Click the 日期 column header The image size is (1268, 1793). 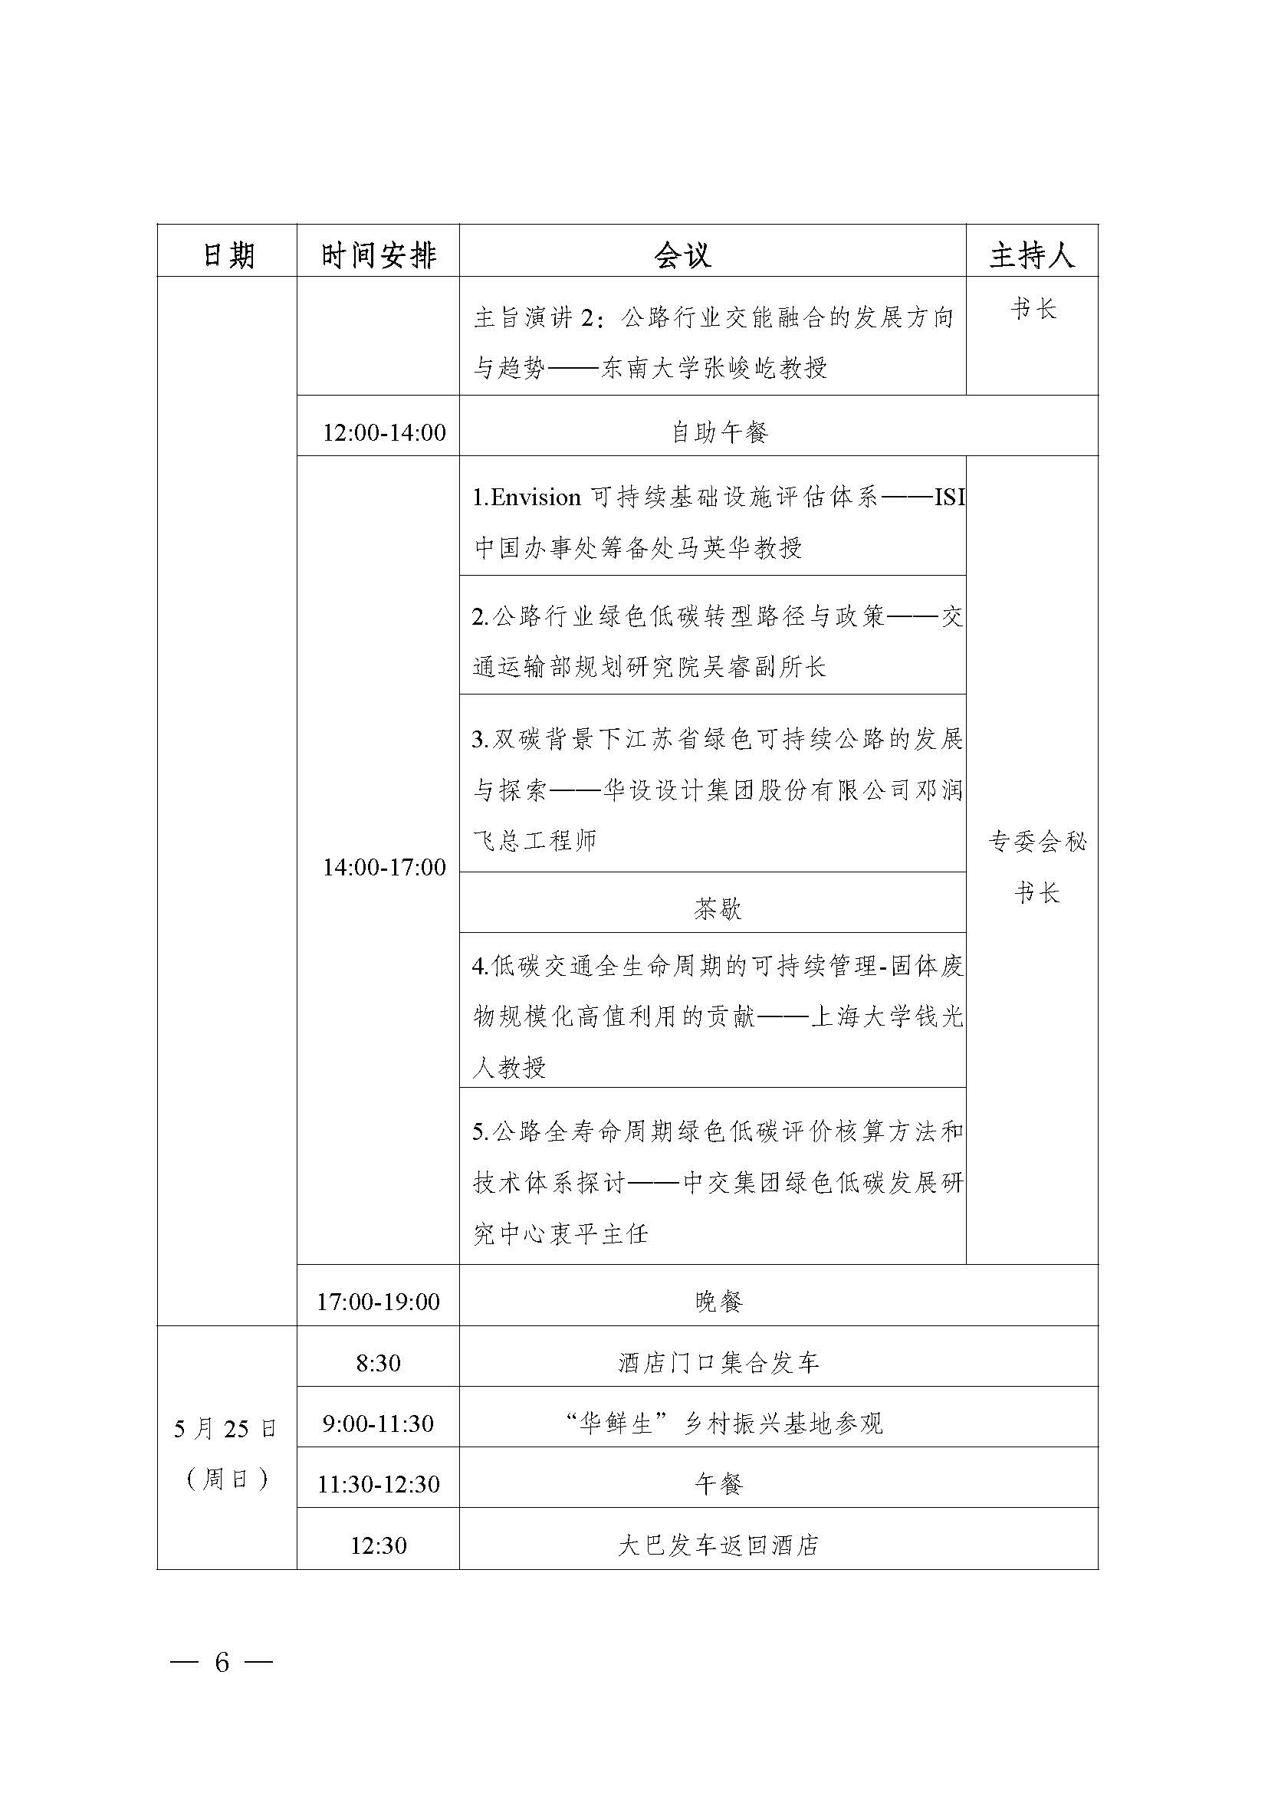click(228, 255)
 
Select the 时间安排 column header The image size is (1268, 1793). click(379, 255)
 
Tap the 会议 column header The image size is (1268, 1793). click(682, 255)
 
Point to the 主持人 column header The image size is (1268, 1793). click(1031, 255)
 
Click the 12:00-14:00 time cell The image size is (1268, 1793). click(384, 432)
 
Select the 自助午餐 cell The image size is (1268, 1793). click(719, 432)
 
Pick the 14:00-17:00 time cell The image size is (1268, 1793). click(384, 867)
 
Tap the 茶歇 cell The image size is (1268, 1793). click(717, 908)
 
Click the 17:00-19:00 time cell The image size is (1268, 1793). click(378, 1301)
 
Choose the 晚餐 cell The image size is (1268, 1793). click(718, 1301)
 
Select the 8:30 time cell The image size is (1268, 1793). click(378, 1363)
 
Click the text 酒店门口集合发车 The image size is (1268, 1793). click(718, 1363)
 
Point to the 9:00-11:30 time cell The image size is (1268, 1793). click(378, 1423)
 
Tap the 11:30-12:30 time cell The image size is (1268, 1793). click(378, 1484)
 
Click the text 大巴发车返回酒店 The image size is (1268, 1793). click(718, 1545)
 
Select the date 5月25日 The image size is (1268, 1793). click(225, 1429)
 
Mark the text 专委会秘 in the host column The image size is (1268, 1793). click(1037, 842)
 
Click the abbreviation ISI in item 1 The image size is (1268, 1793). click(949, 498)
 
